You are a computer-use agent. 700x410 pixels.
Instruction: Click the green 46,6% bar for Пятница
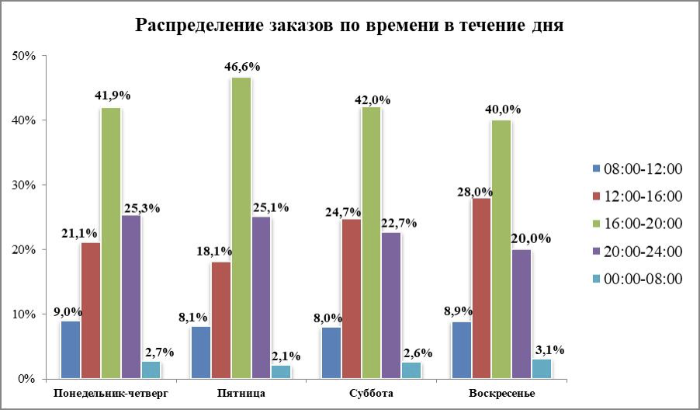pos(241,228)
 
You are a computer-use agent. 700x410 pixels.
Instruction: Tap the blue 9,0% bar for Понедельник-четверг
pos(71,349)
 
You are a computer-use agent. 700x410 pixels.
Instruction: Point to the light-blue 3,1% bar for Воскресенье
pos(542,369)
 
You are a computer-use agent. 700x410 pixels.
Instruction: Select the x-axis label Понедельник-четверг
pos(111,394)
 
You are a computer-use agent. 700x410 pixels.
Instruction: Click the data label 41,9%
pos(112,96)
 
